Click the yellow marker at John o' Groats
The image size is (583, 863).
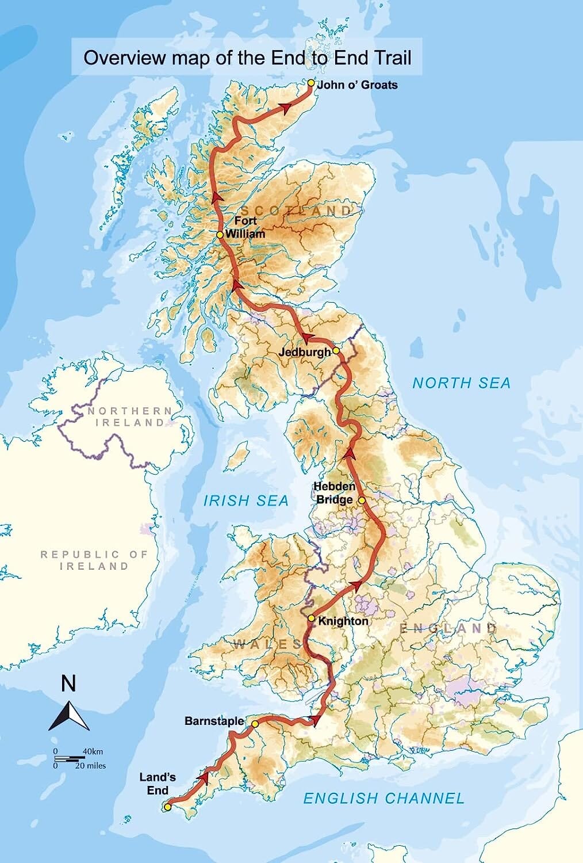point(311,83)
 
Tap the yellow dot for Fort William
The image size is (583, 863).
point(220,235)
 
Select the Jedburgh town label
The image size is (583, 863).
point(305,352)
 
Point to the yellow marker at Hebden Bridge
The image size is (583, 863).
point(362,501)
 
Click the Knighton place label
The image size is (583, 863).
point(343,621)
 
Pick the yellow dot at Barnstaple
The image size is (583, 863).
point(255,724)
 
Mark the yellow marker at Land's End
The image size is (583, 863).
point(167,807)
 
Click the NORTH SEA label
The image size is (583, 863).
point(461,383)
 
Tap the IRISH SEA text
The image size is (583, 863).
point(246,501)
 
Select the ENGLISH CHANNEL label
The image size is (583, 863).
point(383,798)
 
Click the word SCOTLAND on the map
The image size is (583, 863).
point(296,211)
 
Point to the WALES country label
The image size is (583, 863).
point(267,644)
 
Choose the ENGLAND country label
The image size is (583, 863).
point(448,628)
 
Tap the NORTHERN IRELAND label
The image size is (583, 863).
point(129,417)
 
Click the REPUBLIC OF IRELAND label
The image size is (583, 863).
point(94,560)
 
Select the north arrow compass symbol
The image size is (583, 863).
point(69,716)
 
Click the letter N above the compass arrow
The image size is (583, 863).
point(68,684)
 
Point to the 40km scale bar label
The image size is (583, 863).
point(93,751)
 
